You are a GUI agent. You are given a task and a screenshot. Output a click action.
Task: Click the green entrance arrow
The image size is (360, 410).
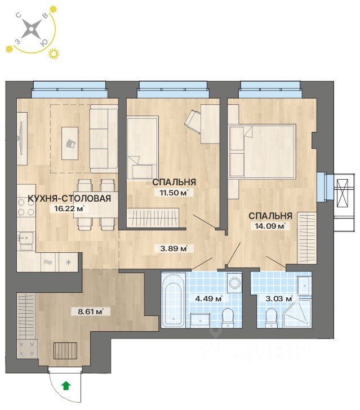click(66, 386)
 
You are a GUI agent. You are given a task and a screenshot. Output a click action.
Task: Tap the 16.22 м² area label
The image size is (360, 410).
click(68, 208)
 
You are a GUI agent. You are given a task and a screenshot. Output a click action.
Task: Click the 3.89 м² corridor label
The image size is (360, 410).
click(174, 248)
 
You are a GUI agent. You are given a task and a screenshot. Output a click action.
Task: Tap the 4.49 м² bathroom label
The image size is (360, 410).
click(209, 298)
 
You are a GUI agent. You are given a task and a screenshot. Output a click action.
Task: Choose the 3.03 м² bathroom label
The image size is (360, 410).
click(279, 298)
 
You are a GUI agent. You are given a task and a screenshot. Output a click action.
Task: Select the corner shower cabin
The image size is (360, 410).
click(298, 314)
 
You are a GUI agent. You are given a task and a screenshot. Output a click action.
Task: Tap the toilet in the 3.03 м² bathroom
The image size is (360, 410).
click(271, 318)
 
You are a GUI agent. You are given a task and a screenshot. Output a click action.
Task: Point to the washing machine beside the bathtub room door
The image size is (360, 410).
click(233, 283)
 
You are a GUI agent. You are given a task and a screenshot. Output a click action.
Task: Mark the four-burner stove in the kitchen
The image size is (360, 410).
click(26, 208)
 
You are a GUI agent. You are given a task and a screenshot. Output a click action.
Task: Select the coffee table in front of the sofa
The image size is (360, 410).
click(70, 143)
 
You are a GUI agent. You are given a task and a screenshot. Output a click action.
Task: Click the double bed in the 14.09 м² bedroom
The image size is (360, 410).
click(263, 151)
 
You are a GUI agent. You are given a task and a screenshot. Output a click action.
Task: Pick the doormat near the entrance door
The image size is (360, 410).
click(65, 351)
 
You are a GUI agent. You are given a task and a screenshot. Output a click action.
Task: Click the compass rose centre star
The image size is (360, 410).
click(31, 29)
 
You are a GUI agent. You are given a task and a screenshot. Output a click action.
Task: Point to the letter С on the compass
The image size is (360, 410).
click(19, 16)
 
